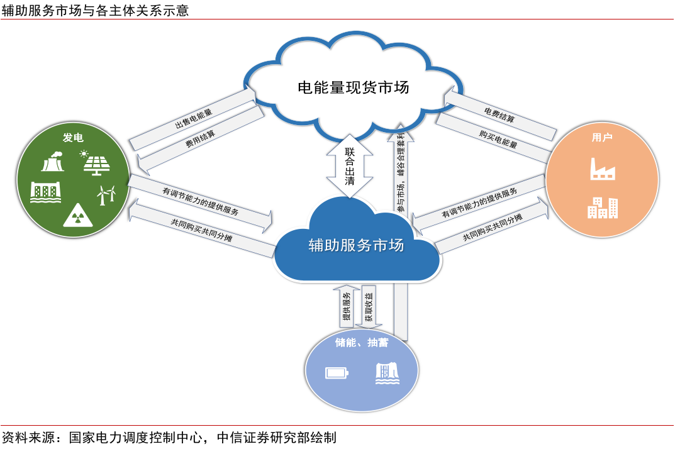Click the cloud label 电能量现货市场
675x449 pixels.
353,87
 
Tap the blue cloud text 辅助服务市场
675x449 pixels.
356,245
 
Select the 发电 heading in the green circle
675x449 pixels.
73,138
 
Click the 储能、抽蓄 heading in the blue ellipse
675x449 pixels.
362,343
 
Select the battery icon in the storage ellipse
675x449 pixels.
337,373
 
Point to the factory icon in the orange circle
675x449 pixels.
602,168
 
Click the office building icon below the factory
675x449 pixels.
602,207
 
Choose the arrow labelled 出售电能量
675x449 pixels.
194,117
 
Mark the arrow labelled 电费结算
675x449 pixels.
500,113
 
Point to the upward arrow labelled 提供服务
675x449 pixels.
346,306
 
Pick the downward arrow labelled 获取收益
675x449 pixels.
368,306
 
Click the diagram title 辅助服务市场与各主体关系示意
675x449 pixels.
95,11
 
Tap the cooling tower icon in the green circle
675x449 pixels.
52,162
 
